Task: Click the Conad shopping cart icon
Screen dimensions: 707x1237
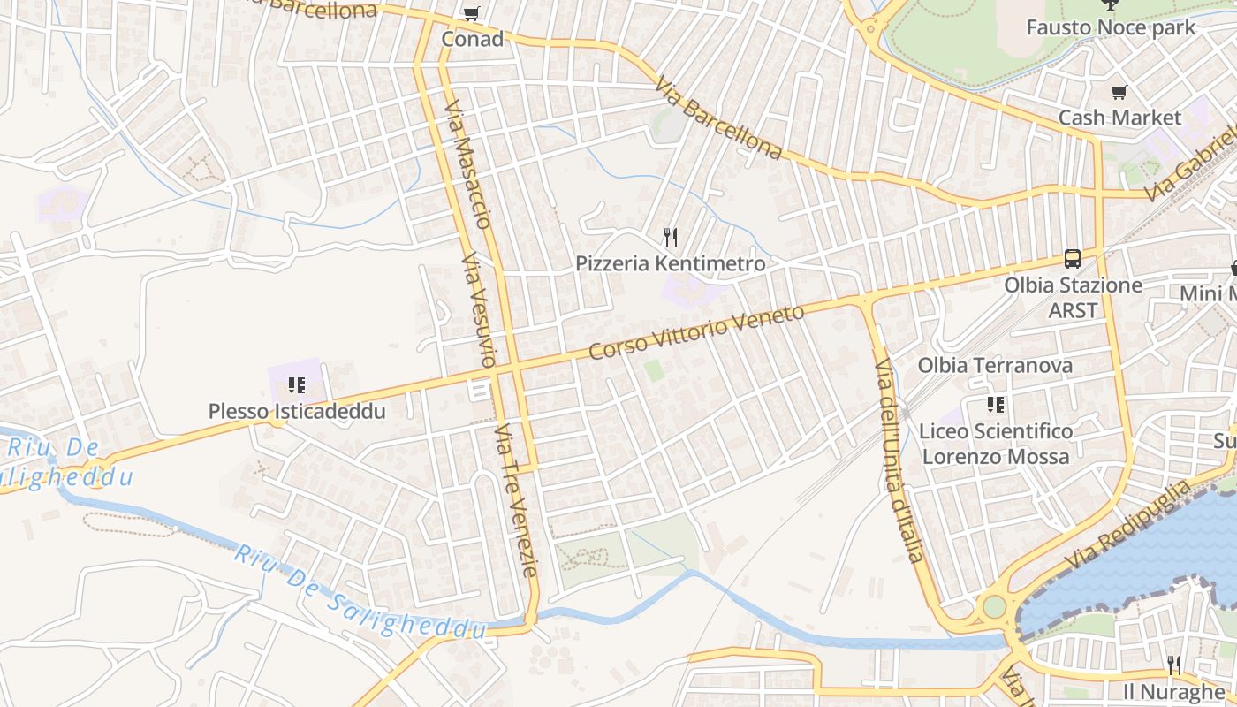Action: click(x=472, y=13)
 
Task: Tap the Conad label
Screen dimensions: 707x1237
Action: click(x=473, y=39)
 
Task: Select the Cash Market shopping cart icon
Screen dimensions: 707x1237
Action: click(x=1119, y=92)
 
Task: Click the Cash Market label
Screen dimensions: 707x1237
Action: click(x=1119, y=118)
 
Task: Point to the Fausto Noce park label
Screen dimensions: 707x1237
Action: click(x=1111, y=27)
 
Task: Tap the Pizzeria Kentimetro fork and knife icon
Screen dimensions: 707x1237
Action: click(x=671, y=237)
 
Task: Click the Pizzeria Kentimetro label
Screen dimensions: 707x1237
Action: click(x=671, y=263)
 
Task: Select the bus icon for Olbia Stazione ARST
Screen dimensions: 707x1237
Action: click(x=1073, y=259)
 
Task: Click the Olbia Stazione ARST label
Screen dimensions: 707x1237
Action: click(x=1073, y=298)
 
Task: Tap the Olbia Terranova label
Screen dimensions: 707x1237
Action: click(x=995, y=365)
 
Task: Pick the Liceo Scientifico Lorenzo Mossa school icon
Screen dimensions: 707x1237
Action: click(x=996, y=405)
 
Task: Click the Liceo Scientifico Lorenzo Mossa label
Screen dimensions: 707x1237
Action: click(x=996, y=444)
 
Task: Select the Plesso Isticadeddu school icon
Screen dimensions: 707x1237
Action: click(x=297, y=385)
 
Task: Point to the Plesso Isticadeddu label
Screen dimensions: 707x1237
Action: click(x=297, y=411)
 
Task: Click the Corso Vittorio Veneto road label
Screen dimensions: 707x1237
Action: click(x=697, y=332)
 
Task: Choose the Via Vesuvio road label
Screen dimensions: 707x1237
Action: click(x=477, y=310)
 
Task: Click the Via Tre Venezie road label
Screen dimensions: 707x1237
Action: click(x=516, y=500)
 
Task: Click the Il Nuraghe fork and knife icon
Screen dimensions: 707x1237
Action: click(x=1173, y=665)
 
